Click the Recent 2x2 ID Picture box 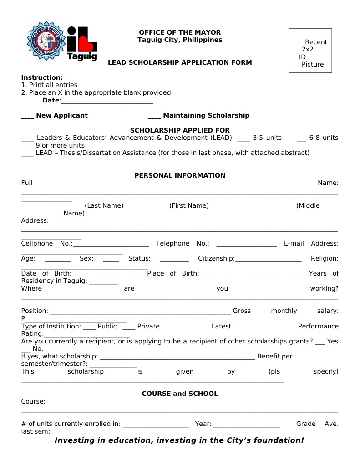[x=310, y=51]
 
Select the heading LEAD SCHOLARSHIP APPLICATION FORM [x=180, y=62]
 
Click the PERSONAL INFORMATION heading [x=180, y=175]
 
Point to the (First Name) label [x=189, y=205]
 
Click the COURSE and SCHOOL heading [x=180, y=394]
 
